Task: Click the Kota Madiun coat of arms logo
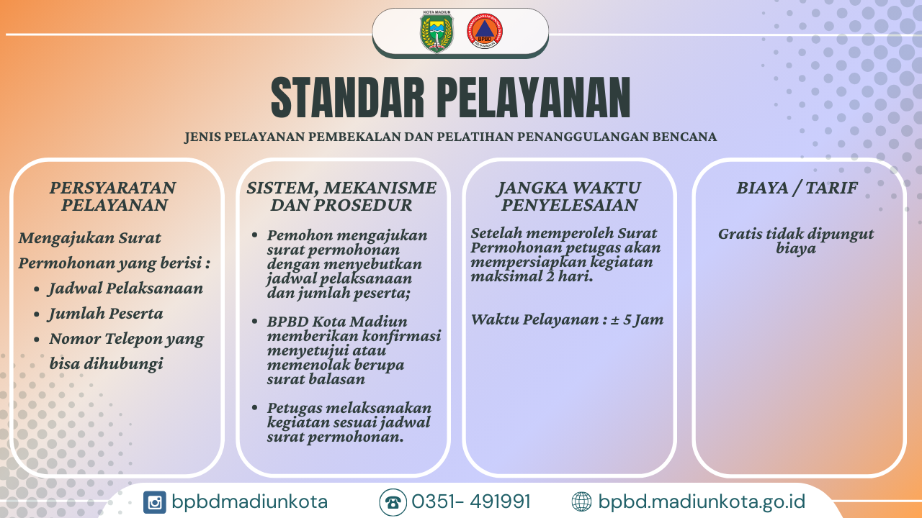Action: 437,32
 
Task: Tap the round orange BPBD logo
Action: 485,31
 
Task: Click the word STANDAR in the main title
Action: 348,99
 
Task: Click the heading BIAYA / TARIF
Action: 797,188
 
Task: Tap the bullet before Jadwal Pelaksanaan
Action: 37,289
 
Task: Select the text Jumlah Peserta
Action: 106,314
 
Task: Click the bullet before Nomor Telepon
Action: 37,340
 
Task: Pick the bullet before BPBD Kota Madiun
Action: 254,321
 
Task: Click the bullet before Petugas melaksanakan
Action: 254,407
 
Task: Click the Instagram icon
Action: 155,502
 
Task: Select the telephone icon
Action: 393,502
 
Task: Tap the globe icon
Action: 581,502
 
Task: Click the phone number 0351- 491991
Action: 471,501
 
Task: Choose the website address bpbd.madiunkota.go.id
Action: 702,502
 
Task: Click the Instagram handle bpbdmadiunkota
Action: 249,502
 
